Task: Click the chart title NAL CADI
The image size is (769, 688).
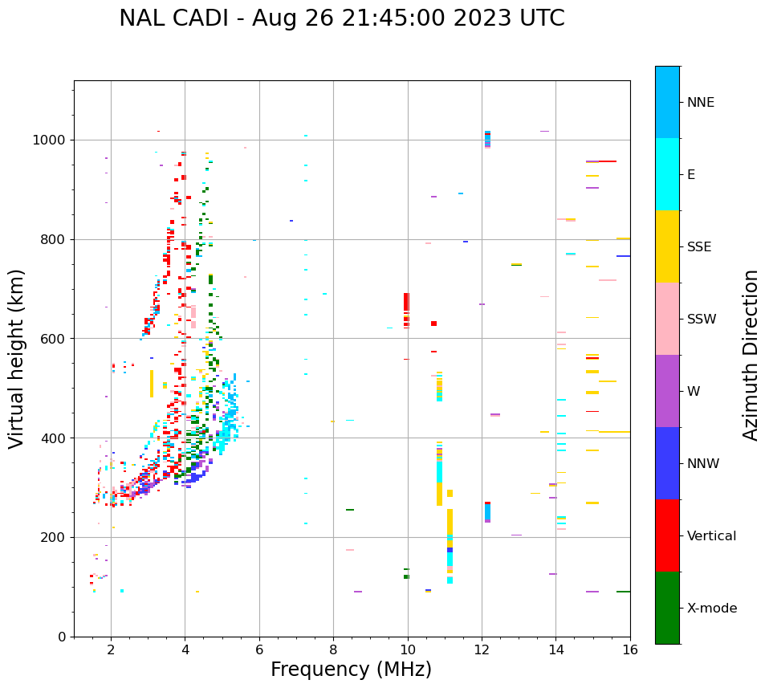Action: (x=341, y=18)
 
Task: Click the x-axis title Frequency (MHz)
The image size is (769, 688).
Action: (x=351, y=670)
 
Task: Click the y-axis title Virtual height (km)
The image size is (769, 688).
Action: (x=17, y=359)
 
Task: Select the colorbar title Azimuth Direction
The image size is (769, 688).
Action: (x=751, y=355)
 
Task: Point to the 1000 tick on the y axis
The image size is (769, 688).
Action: (x=53, y=140)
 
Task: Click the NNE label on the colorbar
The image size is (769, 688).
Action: (x=700, y=103)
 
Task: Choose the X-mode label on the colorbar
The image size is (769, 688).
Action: (x=712, y=609)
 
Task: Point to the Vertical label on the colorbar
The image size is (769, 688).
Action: (x=711, y=536)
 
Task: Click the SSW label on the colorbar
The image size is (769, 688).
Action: (x=702, y=320)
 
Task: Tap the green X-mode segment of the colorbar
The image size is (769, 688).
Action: (x=667, y=608)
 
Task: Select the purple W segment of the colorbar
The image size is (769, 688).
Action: (x=667, y=391)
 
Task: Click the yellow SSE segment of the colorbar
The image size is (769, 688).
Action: (x=667, y=246)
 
